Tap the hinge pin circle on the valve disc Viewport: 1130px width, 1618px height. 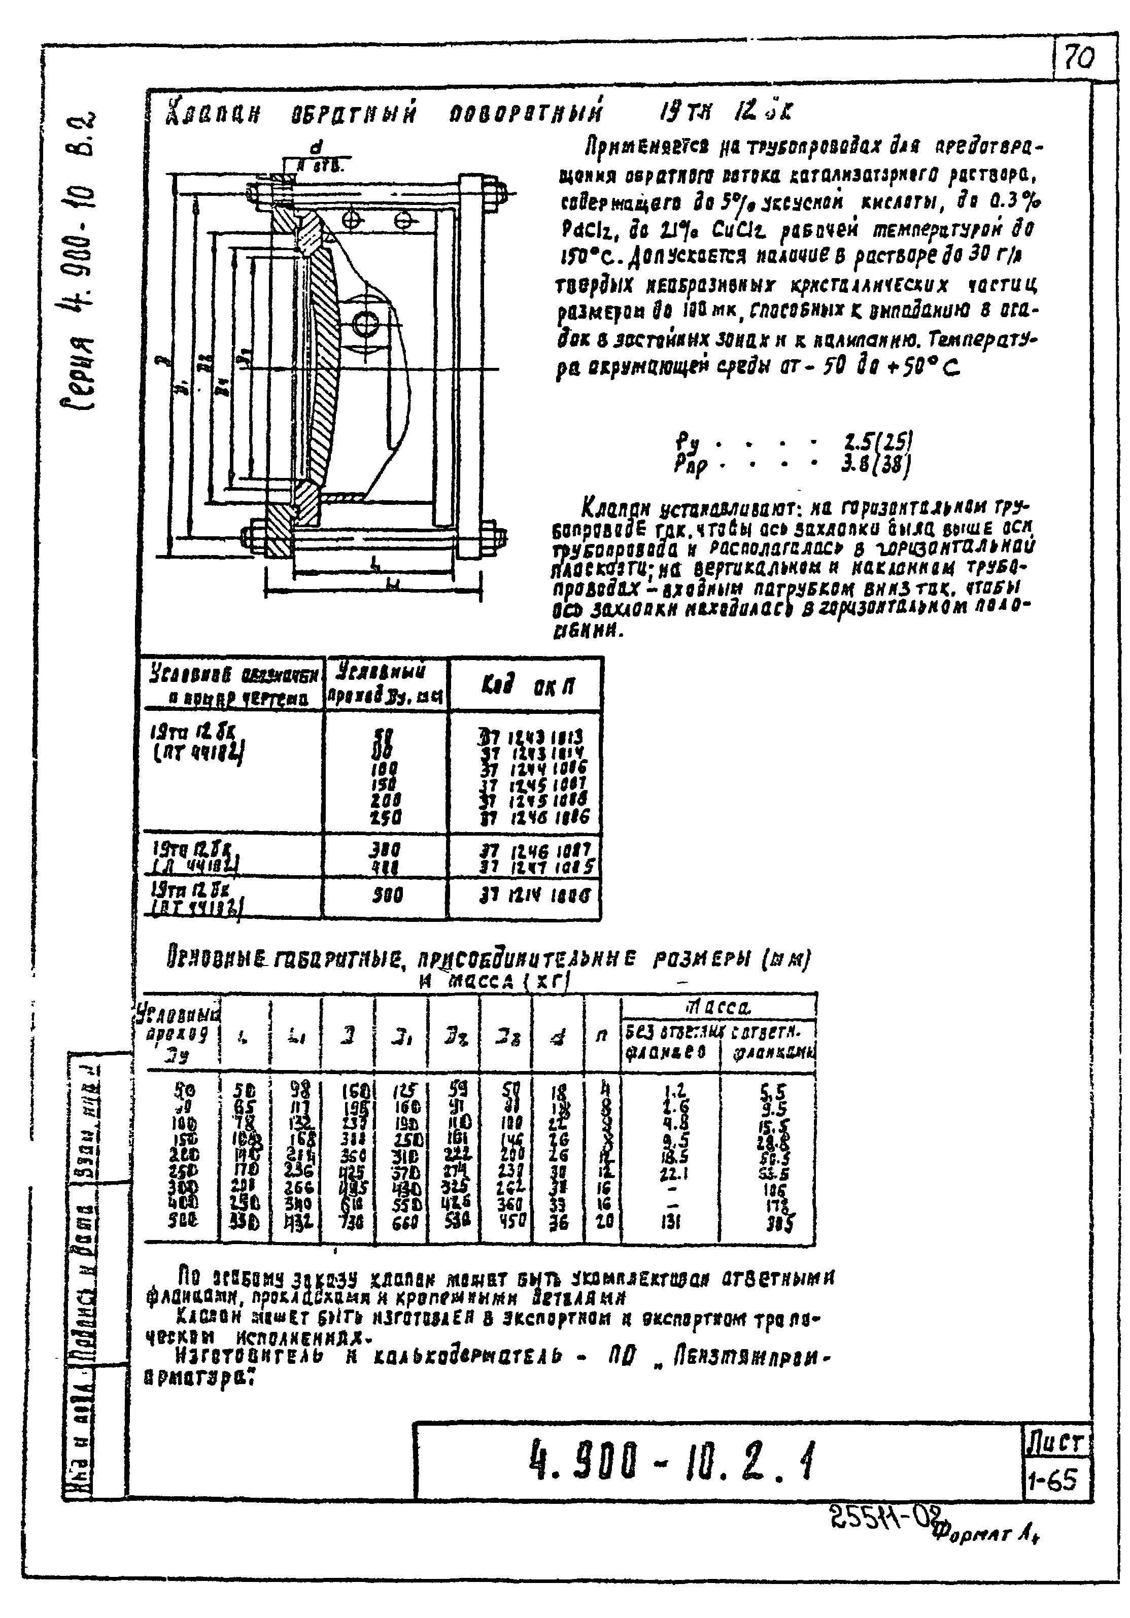(366, 324)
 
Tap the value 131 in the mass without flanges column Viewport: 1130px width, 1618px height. (671, 1223)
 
